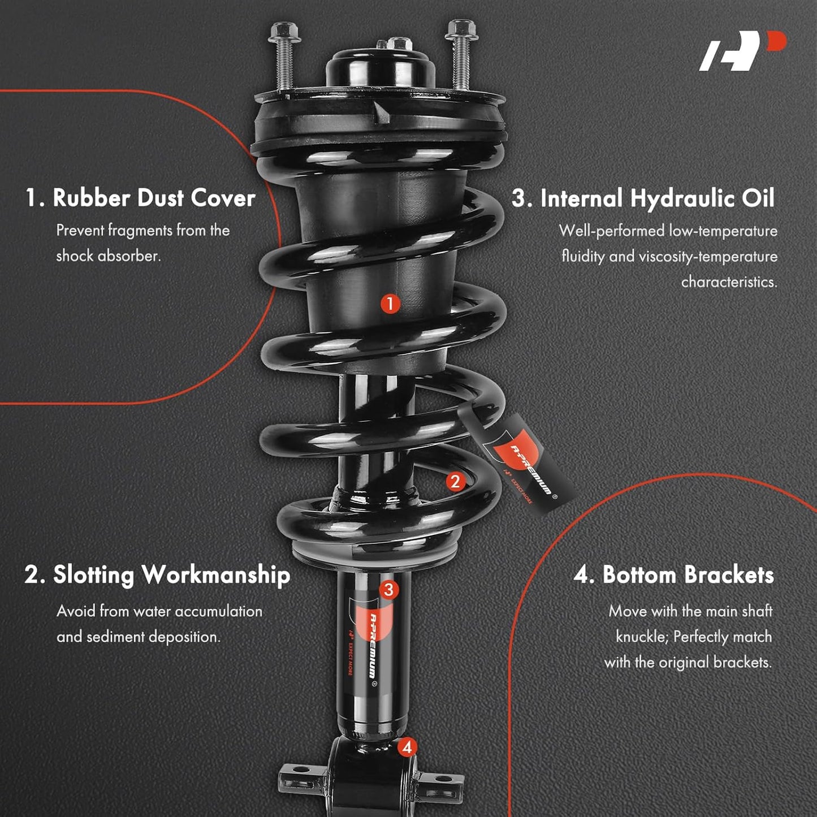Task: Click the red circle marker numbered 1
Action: click(390, 304)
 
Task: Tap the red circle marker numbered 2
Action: click(455, 481)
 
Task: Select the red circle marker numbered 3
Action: click(389, 590)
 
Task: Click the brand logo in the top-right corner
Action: click(742, 51)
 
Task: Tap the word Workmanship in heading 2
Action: click(216, 576)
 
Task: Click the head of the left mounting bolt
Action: click(284, 32)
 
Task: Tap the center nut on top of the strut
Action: click(400, 44)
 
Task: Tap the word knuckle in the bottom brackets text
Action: click(642, 637)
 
